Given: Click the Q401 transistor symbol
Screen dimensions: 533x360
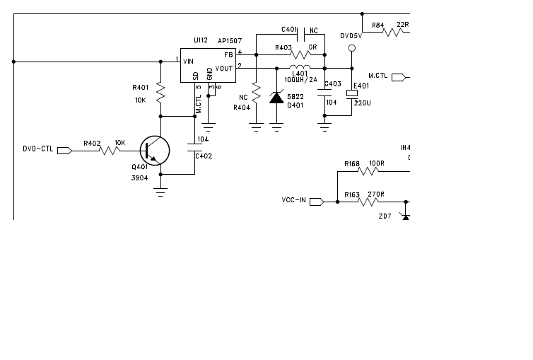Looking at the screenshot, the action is [155, 151].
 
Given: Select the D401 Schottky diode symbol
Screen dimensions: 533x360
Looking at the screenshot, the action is [276, 97].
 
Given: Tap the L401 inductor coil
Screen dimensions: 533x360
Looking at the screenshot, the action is [300, 66].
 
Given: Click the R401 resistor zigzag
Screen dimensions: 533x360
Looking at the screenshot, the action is [160, 92].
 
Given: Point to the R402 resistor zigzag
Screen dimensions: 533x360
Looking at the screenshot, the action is [110, 151].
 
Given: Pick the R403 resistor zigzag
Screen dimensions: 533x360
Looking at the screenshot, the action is [300, 54].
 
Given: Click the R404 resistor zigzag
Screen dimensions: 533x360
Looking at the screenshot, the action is [257, 92].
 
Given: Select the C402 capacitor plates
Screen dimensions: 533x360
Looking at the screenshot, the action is [195, 148].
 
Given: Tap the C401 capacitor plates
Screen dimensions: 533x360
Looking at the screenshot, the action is [301, 35].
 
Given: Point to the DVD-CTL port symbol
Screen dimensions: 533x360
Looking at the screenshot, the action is [64, 151].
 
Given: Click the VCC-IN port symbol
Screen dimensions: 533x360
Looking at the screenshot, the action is [317, 202].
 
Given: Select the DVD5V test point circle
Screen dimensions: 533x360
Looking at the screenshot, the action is [352, 48].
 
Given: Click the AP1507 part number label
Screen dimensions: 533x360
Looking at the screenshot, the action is [230, 41].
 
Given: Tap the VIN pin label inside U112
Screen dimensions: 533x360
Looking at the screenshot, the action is [188, 62].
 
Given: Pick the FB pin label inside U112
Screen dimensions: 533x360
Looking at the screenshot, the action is [228, 55].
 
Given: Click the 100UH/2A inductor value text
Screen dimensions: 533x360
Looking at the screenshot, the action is [301, 80].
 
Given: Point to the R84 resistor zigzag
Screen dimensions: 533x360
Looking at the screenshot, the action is [393, 33].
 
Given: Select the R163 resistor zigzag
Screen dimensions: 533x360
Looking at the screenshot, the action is [368, 202].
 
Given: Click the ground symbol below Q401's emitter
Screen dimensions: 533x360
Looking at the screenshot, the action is [160, 192].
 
